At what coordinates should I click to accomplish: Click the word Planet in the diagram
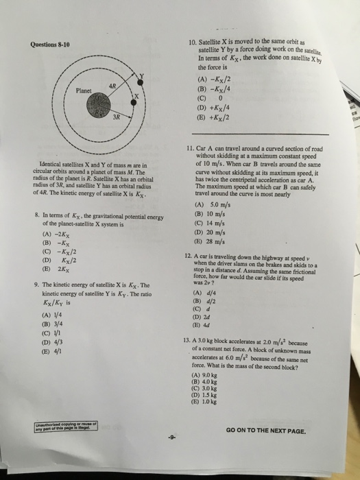84,89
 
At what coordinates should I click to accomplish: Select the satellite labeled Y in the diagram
143,75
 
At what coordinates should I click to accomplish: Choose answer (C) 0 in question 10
208,97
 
